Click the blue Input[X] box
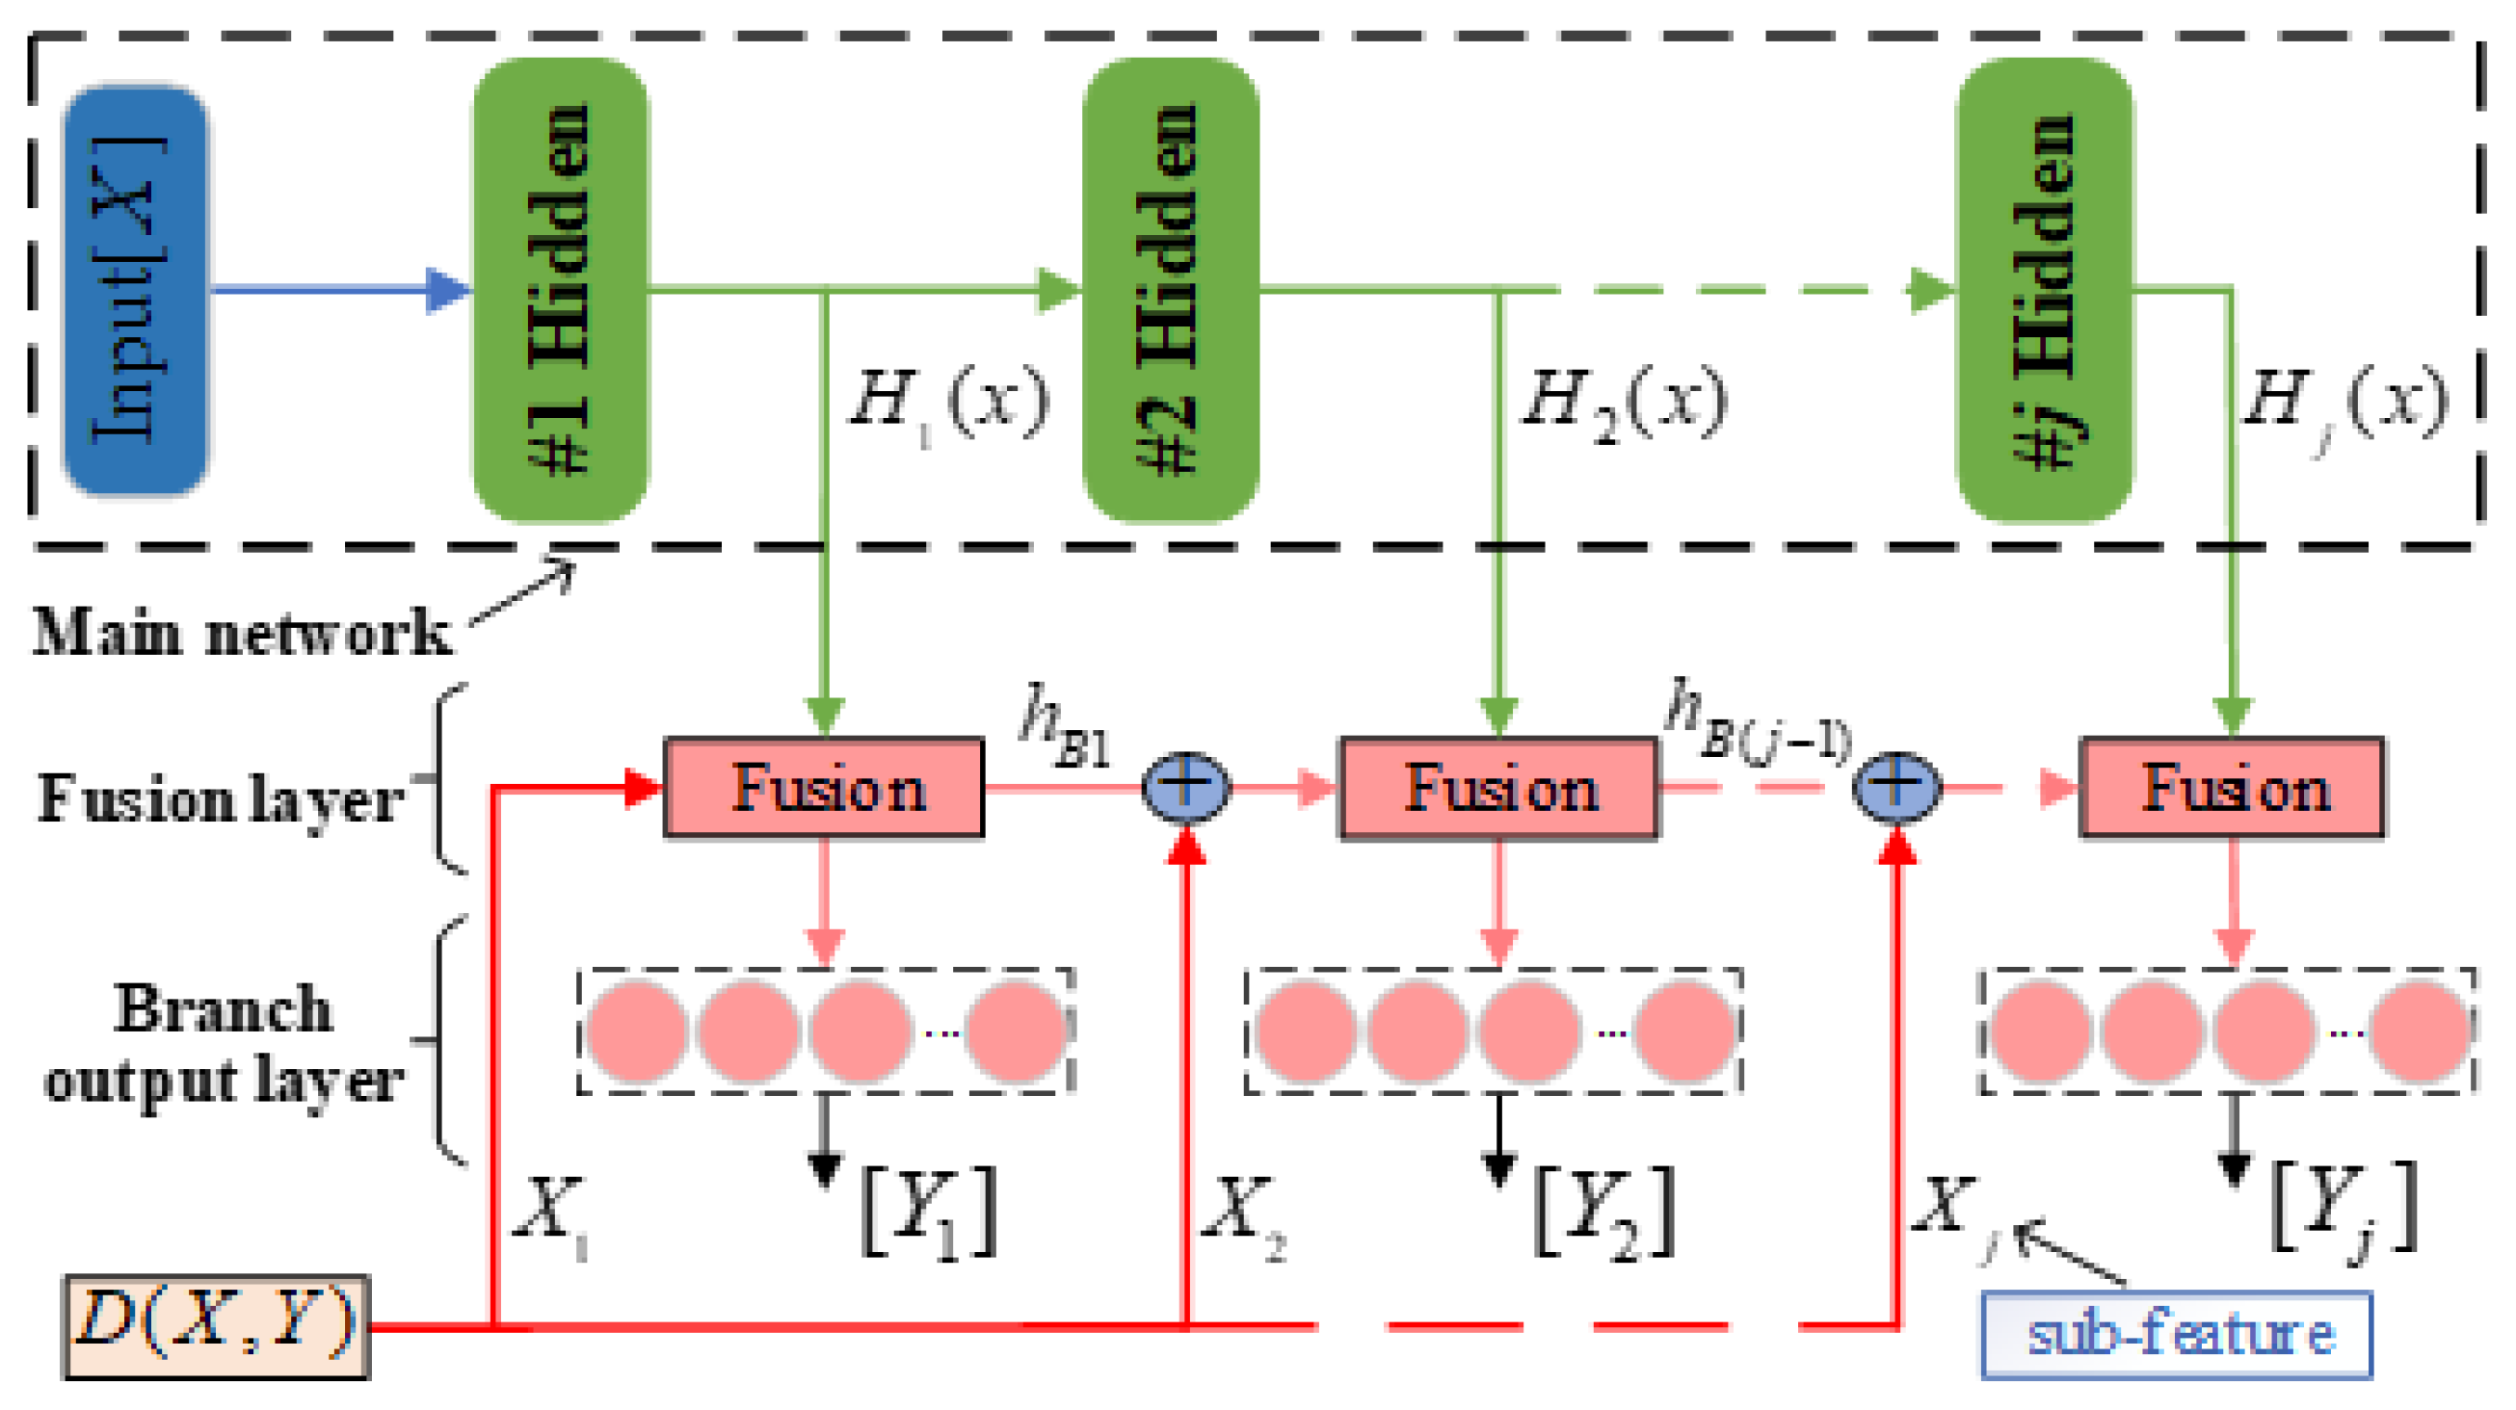(x=136, y=290)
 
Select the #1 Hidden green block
(x=561, y=290)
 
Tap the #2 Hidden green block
(x=1170, y=290)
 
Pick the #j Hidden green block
(x=2044, y=290)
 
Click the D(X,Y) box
(x=216, y=1326)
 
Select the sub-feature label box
(x=2176, y=1334)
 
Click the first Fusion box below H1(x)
(x=823, y=787)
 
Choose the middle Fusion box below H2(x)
(x=1498, y=787)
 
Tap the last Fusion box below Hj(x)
(x=2233, y=787)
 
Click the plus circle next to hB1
(x=1185, y=786)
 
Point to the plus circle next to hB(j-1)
(x=1895, y=786)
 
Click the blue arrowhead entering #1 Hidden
(x=447, y=290)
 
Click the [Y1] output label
(x=929, y=1211)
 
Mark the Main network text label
(x=241, y=632)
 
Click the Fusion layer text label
(x=221, y=798)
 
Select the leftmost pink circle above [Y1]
(x=637, y=1031)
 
